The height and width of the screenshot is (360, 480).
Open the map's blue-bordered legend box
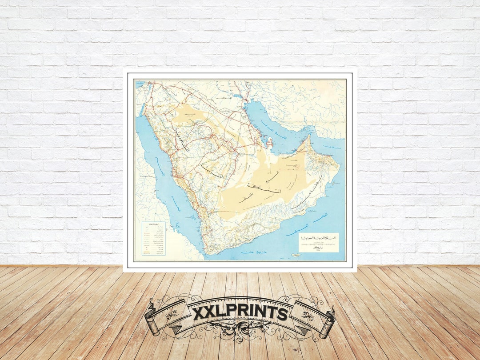153,239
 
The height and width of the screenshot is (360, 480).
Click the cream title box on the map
318,243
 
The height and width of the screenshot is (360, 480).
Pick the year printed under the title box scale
318,249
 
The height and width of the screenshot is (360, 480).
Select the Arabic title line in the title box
318,238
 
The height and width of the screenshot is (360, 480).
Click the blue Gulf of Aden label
252,253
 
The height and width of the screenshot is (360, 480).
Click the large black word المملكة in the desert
272,192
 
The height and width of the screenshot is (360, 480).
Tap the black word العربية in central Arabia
208,170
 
